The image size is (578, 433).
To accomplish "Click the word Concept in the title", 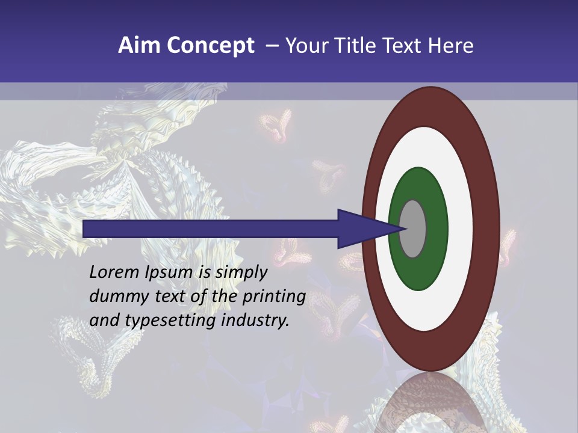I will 211,46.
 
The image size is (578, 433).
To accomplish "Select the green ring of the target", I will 419,183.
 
